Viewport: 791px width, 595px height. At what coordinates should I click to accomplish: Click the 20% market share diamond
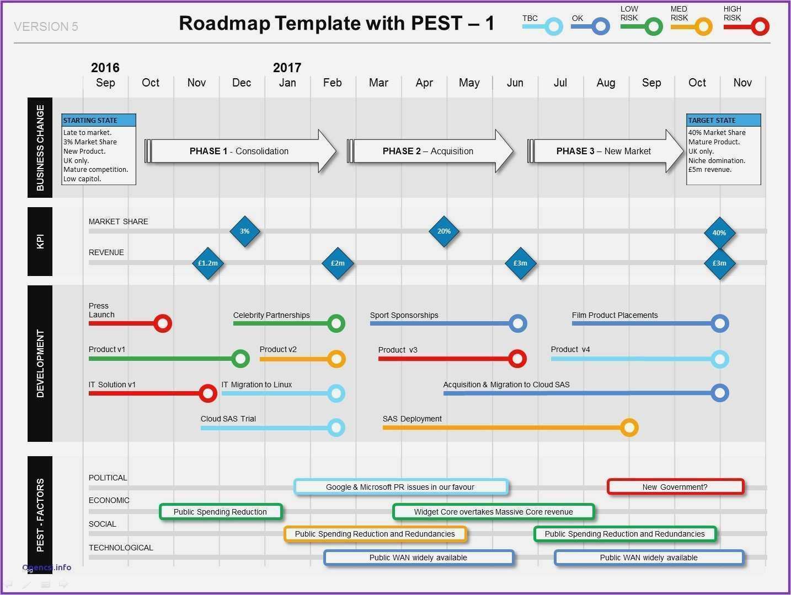pyautogui.click(x=444, y=231)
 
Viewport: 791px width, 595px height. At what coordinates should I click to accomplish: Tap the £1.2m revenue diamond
pyautogui.click(x=208, y=263)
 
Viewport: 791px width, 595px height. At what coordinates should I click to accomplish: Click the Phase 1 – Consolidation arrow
pyautogui.click(x=240, y=151)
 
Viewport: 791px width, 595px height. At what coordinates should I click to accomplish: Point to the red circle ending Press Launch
pyautogui.click(x=163, y=323)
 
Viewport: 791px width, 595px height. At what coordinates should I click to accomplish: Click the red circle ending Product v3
pyautogui.click(x=517, y=359)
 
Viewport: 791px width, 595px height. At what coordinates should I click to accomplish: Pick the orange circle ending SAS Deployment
pyautogui.click(x=629, y=428)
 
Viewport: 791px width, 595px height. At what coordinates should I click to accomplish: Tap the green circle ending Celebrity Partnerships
pyautogui.click(x=336, y=323)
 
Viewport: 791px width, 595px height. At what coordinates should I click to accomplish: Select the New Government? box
pyautogui.click(x=675, y=487)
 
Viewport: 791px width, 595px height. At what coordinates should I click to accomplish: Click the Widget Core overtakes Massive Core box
pyautogui.click(x=493, y=512)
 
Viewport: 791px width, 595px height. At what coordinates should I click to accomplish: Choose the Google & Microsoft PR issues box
pyautogui.click(x=400, y=487)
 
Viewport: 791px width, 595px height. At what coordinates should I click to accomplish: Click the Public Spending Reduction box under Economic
pyautogui.click(x=221, y=512)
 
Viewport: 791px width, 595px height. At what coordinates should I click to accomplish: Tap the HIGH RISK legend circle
pyautogui.click(x=760, y=26)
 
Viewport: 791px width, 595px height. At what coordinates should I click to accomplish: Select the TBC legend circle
pyautogui.click(x=554, y=26)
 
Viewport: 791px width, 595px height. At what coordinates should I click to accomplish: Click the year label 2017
pyautogui.click(x=287, y=68)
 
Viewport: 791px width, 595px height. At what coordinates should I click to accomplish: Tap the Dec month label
pyautogui.click(x=242, y=83)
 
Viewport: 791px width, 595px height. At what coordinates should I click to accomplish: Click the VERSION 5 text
pyautogui.click(x=46, y=26)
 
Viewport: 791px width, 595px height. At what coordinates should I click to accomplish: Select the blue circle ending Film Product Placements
pyautogui.click(x=719, y=323)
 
